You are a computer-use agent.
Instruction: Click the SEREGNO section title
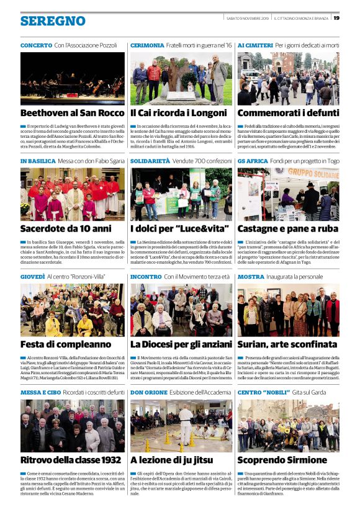(x=53, y=21)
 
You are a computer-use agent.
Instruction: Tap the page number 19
(x=336, y=17)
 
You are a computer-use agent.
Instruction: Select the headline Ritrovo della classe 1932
(x=71, y=459)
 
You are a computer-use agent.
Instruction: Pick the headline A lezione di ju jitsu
(x=169, y=459)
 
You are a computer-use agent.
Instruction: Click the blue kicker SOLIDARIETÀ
(x=150, y=161)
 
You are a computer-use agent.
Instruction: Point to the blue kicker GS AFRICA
(x=253, y=161)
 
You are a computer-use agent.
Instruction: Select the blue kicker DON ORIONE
(x=148, y=392)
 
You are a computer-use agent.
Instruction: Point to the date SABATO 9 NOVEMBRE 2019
(x=248, y=17)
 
